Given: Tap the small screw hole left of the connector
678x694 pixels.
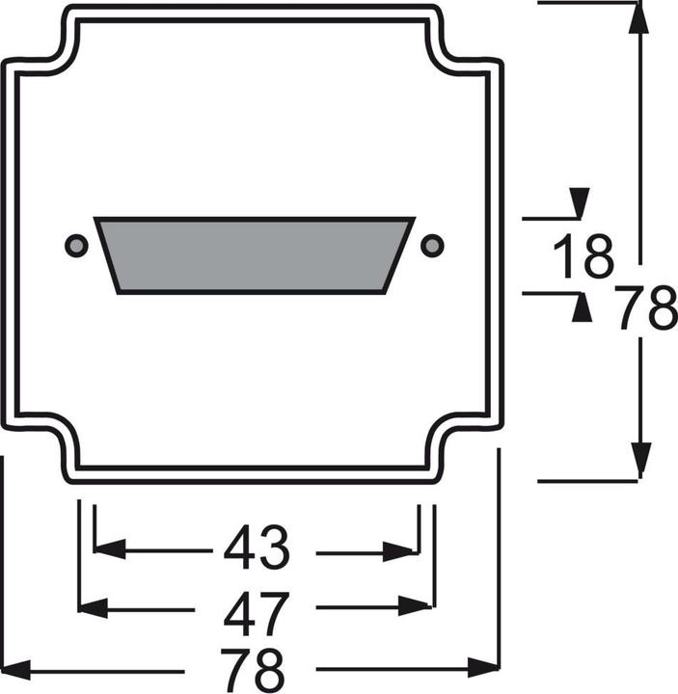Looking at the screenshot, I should [x=76, y=246].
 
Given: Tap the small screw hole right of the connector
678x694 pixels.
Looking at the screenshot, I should [x=433, y=245].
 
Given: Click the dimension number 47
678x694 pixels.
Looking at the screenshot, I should [x=256, y=608].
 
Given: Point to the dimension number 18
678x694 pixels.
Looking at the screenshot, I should [x=583, y=257].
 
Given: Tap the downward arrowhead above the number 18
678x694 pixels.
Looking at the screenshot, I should [x=580, y=204].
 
